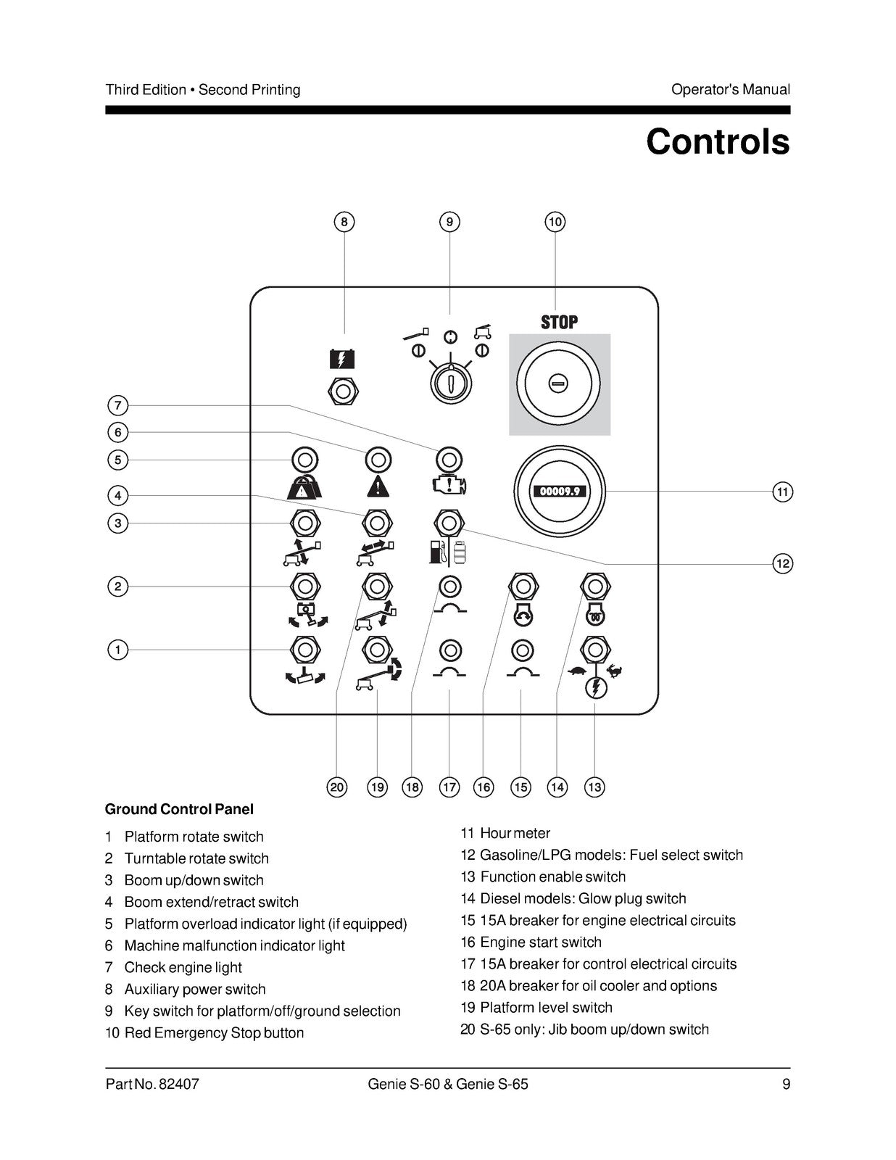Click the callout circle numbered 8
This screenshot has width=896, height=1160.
coord(344,222)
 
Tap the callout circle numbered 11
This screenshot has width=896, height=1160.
coord(782,492)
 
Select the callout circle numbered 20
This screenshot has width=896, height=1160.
coord(337,787)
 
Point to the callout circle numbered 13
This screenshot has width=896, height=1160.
coord(594,787)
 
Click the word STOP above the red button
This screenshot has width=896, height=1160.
coord(559,323)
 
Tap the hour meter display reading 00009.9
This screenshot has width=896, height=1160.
coord(559,491)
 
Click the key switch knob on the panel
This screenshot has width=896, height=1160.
coord(451,382)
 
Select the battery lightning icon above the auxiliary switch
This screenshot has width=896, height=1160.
coord(342,360)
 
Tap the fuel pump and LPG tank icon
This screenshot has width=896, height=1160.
coord(449,552)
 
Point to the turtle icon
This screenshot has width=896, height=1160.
coord(578,671)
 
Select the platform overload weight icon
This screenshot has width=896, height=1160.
coord(304,487)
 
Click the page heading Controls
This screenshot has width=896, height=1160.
coord(718,142)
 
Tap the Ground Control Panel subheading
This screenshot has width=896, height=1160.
coord(179,809)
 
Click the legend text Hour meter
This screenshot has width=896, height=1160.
coord(515,833)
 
